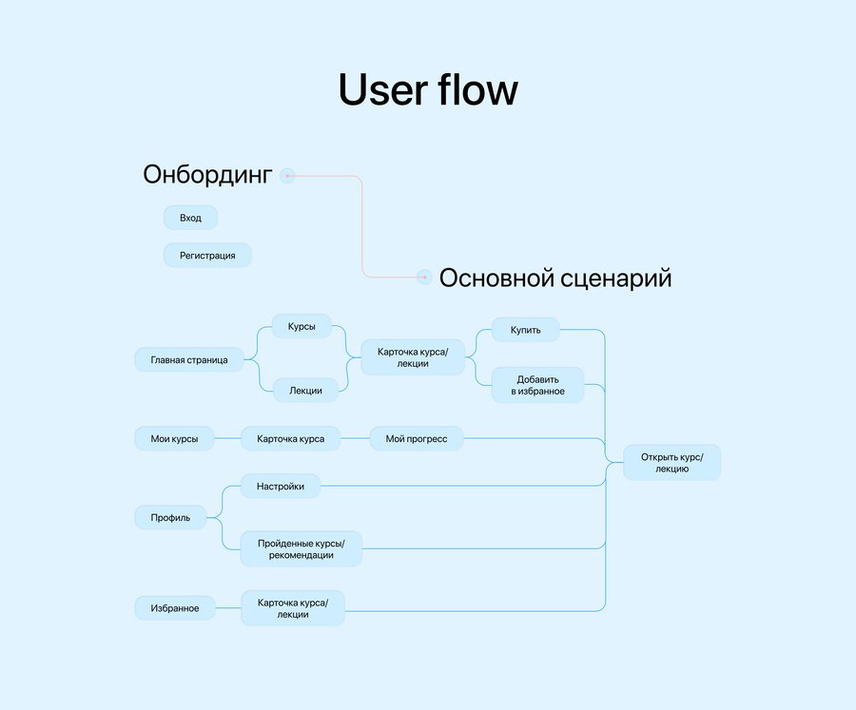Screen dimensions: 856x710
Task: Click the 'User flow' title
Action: tap(428, 90)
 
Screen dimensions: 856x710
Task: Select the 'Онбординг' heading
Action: tap(207, 175)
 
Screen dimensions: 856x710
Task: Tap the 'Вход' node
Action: tap(190, 218)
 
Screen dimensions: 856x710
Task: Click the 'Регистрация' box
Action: tap(207, 256)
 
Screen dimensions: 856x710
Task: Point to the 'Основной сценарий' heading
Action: tap(555, 278)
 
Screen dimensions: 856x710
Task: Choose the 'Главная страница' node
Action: tap(189, 359)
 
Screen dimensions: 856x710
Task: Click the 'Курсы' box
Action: tap(302, 326)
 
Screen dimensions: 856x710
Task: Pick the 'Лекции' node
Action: tap(305, 391)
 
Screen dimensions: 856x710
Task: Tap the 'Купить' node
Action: tap(525, 330)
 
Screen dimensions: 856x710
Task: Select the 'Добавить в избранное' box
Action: tap(537, 385)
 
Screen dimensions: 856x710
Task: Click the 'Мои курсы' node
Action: tap(174, 438)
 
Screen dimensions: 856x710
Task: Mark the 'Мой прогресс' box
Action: tap(416, 438)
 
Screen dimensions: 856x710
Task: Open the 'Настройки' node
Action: tap(280, 486)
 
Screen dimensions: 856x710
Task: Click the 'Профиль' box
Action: tap(170, 517)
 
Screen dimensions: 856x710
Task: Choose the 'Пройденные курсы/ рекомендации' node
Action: tap(301, 548)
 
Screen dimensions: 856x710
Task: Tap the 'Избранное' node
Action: tap(175, 608)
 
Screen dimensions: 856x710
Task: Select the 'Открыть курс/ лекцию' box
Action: tap(672, 462)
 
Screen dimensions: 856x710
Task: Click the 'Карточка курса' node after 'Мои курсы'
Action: tap(290, 438)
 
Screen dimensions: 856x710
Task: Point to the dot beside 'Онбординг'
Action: tap(287, 176)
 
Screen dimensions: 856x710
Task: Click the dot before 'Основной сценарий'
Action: tap(423, 278)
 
